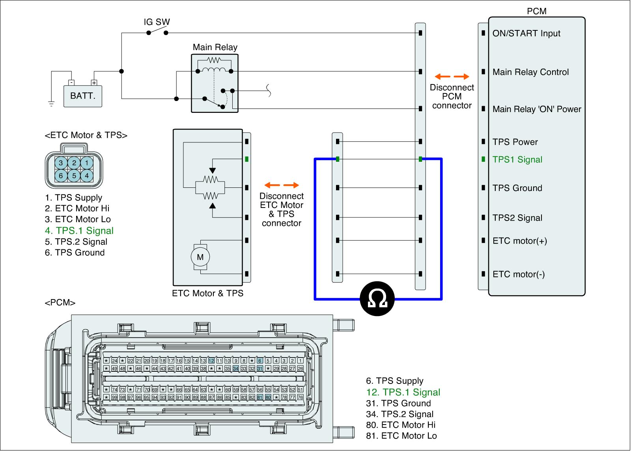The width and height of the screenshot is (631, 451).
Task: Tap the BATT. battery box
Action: point(83,96)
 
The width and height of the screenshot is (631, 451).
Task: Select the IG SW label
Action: point(157,22)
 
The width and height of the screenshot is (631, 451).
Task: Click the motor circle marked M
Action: point(200,257)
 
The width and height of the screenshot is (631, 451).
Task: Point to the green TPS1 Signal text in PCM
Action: point(517,160)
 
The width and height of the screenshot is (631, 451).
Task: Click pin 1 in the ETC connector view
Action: point(87,163)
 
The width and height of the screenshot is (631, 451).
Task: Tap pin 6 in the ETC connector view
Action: point(61,176)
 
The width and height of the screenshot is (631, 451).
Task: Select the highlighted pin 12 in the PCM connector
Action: point(211,361)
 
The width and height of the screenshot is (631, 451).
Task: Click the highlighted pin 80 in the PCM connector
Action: point(268,397)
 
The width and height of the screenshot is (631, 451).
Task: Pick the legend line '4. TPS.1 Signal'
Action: point(79,231)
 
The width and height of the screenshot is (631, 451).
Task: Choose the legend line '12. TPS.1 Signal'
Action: point(403,392)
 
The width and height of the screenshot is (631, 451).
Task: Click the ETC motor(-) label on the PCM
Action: point(519,274)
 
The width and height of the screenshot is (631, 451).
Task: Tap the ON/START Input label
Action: point(526,34)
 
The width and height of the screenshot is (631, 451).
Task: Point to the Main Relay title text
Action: point(215,47)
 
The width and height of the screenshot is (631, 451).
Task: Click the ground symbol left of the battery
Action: point(51,104)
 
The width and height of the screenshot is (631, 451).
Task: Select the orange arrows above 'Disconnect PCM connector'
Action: point(452,77)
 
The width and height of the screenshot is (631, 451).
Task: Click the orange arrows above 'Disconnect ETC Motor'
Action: point(282,185)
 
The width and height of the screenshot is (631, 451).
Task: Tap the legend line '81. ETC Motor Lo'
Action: point(401,436)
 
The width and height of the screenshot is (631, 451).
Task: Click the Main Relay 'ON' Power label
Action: point(537,109)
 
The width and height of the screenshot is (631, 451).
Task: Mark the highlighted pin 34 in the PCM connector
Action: point(236,369)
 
